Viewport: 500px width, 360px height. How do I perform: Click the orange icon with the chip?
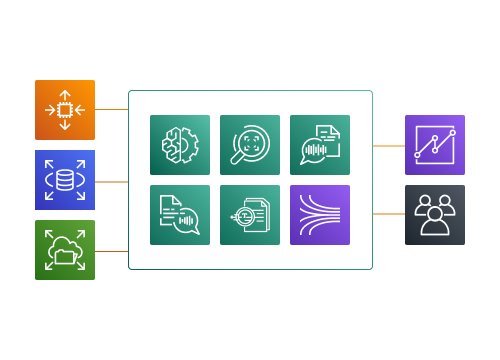coord(65,110)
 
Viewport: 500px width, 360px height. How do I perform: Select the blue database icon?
coord(65,180)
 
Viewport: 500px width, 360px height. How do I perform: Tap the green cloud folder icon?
coord(65,250)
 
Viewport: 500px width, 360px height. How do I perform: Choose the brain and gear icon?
coord(180,145)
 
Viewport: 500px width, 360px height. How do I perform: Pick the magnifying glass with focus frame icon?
coord(250,145)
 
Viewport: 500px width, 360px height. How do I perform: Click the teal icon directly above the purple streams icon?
coord(320,145)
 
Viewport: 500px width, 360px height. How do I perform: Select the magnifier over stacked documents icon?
coord(250,215)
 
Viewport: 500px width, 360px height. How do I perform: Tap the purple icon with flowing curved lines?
coord(320,215)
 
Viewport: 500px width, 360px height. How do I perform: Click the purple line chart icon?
coord(434,145)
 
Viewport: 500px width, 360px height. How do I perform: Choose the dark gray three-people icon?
coord(434,215)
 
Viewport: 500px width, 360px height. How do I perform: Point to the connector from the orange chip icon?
coord(111,110)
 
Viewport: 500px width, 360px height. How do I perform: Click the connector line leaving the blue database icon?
coord(111,182)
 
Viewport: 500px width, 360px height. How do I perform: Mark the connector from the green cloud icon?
coord(111,251)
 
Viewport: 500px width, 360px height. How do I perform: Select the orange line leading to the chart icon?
coord(388,146)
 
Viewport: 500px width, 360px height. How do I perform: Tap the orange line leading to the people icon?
coord(388,214)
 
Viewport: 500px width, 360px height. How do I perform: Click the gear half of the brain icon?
coord(190,146)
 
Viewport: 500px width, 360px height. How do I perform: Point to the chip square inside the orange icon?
coord(65,110)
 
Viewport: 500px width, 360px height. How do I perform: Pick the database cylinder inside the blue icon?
coord(65,180)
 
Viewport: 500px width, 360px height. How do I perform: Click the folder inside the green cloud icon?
coord(65,256)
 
